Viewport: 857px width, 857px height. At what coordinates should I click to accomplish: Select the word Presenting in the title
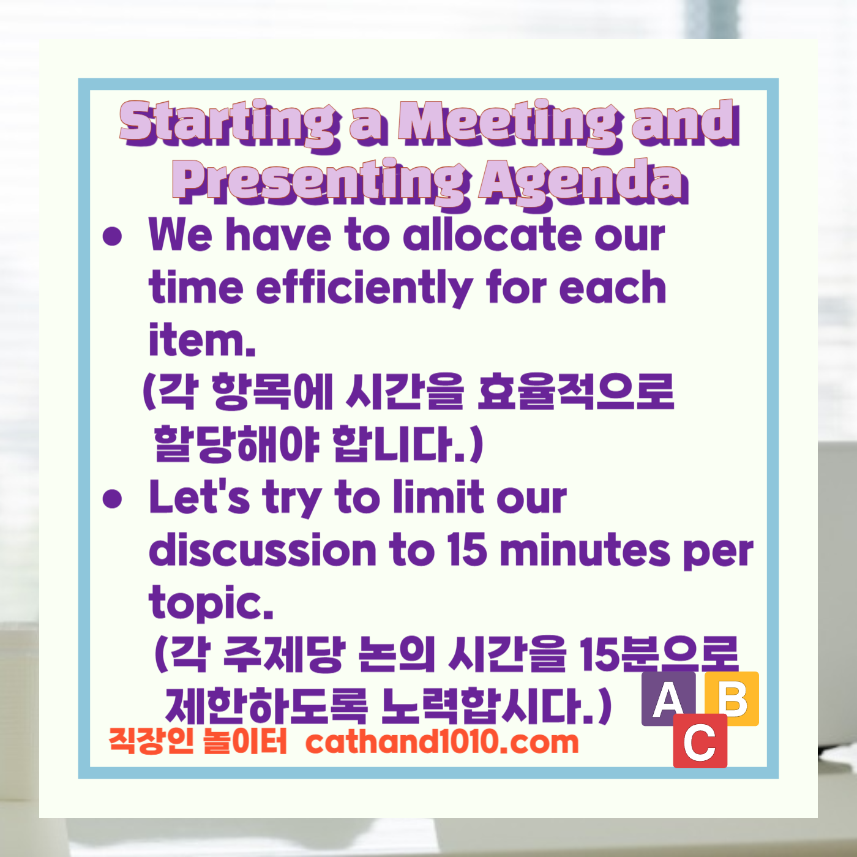click(x=321, y=182)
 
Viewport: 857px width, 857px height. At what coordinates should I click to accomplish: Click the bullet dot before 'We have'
click(x=113, y=236)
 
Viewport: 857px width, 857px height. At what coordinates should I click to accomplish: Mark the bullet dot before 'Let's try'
click(x=113, y=499)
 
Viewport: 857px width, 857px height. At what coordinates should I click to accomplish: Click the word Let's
click(x=200, y=497)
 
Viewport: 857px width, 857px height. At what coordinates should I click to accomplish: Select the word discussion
click(x=263, y=550)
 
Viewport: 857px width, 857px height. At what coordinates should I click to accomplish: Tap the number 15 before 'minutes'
click(x=466, y=550)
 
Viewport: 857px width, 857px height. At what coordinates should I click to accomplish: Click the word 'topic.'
click(x=211, y=603)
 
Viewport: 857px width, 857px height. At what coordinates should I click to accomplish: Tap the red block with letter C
click(x=700, y=741)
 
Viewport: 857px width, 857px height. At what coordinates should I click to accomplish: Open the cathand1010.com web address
click(x=441, y=742)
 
